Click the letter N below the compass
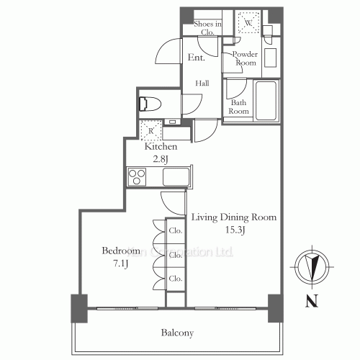[310, 302]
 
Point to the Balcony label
[177, 333]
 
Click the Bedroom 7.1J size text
[120, 264]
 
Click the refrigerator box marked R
[150, 131]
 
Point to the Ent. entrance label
[197, 58]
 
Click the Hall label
[201, 84]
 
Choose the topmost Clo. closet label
[175, 232]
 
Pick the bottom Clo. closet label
[175, 278]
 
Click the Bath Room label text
[239, 107]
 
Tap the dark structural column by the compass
[274, 308]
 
